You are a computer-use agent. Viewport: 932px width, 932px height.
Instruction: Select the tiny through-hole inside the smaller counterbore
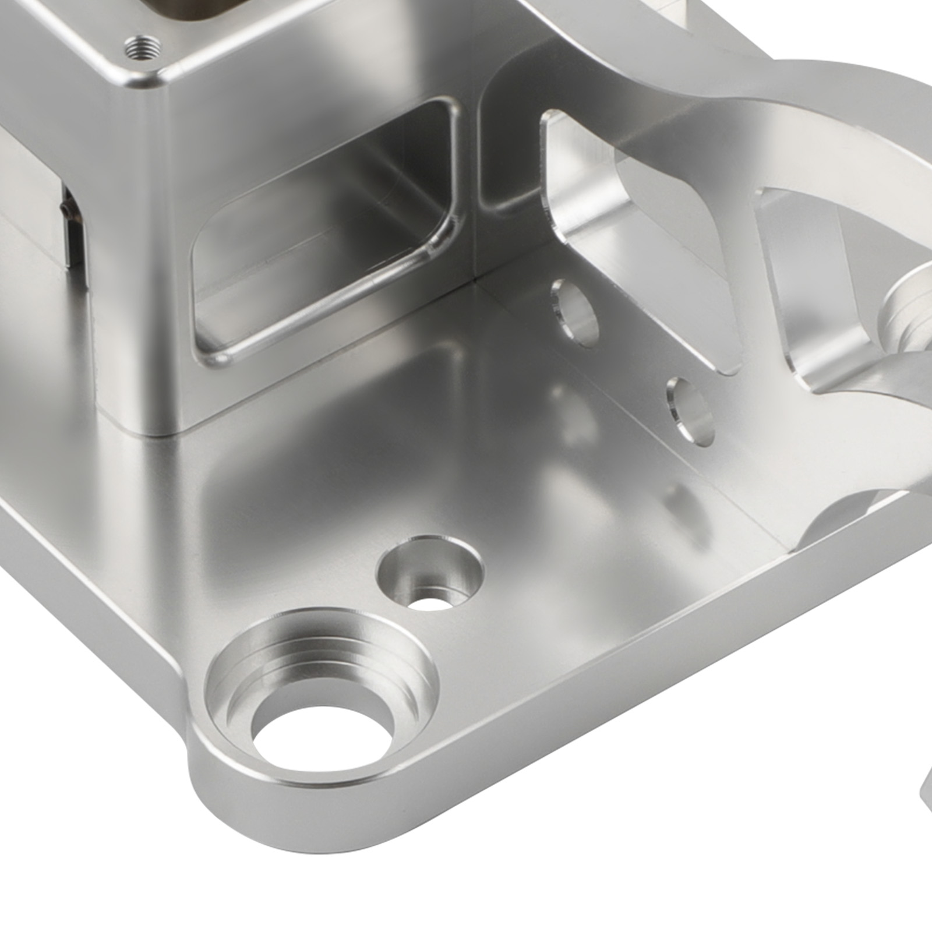pos(430,601)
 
